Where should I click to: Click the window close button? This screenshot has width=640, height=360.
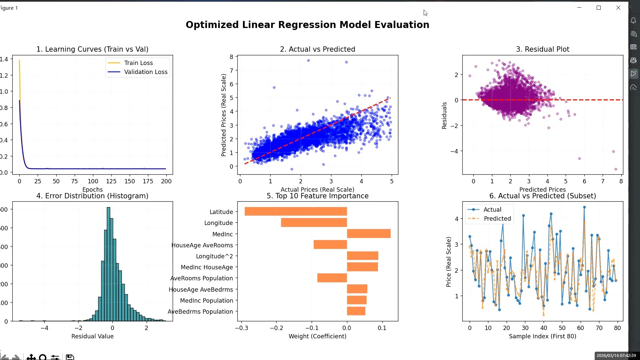point(618,8)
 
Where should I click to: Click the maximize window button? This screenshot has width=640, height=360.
point(599,8)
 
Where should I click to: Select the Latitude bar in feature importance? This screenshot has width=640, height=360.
point(296,211)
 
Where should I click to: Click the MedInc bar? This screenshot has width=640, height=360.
point(369,234)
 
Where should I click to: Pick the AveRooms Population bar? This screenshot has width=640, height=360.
point(332,278)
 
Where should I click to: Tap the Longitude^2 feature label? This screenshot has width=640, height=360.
point(214,256)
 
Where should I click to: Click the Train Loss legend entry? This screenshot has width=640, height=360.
point(138,63)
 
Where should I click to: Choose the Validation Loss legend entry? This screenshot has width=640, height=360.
point(145,72)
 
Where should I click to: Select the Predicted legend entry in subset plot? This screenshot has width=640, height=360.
point(497,219)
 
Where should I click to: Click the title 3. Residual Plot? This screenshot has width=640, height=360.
point(542,49)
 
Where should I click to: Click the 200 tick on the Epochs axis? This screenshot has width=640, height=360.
point(166,181)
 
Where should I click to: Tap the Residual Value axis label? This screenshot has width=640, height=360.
point(92,336)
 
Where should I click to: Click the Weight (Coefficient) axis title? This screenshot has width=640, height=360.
point(317,336)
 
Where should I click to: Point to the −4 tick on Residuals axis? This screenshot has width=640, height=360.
point(454,151)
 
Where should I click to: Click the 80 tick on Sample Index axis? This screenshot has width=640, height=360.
point(617,328)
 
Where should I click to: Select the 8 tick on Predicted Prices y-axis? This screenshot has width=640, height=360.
point(231,57)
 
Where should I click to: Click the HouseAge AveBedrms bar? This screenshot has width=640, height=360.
point(357,289)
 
